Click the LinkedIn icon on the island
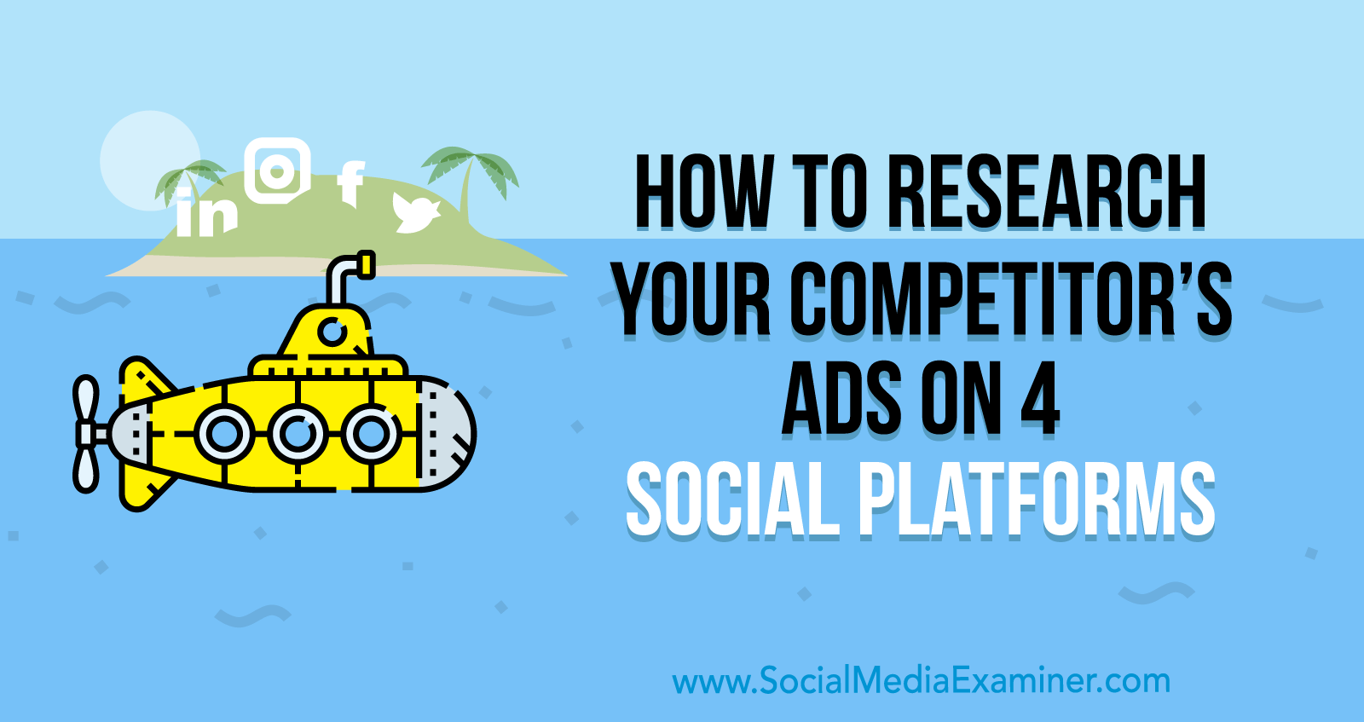tap(205, 212)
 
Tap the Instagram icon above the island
tap(278, 171)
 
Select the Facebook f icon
tap(351, 183)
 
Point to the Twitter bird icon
tap(416, 212)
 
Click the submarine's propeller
tap(86, 433)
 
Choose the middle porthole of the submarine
tap(298, 434)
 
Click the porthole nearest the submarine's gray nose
tap(370, 434)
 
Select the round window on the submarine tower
tap(332, 332)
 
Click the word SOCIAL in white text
tap(731, 500)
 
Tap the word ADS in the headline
tap(841, 399)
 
